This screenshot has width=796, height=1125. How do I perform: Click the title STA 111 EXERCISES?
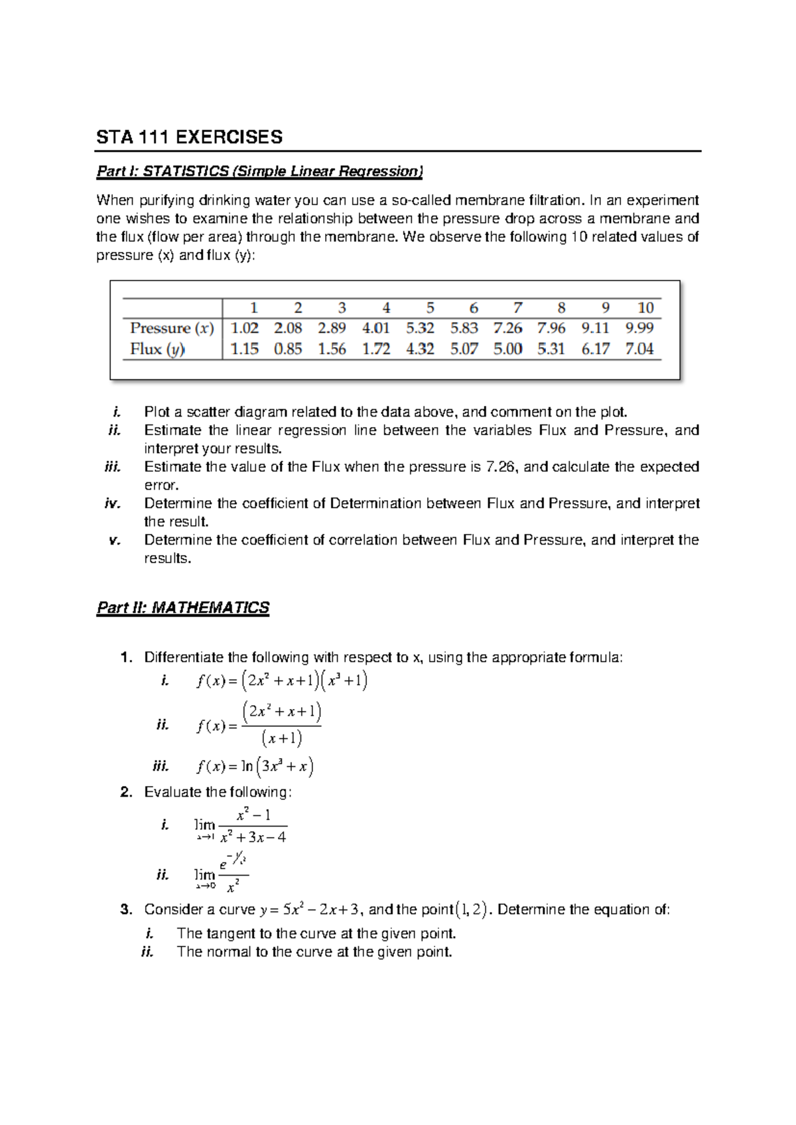click(189, 137)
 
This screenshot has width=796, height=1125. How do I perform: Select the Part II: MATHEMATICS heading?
click(182, 608)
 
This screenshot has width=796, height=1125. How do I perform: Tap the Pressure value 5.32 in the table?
click(420, 328)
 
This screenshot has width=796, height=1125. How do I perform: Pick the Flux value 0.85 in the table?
click(288, 349)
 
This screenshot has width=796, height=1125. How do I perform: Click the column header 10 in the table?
click(645, 308)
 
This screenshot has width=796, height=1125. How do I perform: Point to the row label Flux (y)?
click(157, 349)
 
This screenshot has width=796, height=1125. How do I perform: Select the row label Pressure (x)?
click(171, 328)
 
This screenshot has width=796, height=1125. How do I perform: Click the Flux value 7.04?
click(639, 349)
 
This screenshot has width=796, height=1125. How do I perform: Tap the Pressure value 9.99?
click(639, 328)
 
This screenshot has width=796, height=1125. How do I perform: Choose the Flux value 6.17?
click(595, 349)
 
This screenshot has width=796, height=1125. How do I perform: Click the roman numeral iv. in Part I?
click(112, 503)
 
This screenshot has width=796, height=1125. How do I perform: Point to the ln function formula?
click(255, 767)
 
